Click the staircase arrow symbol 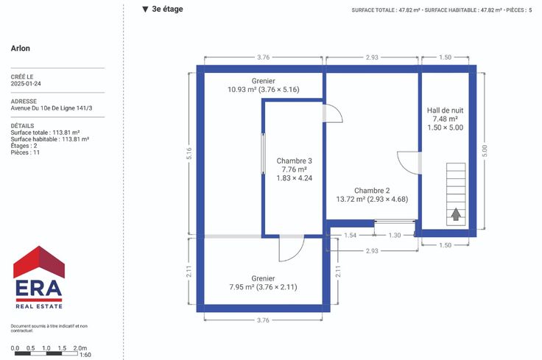point(456,214)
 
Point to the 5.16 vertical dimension point(189,153)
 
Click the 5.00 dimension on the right point(485,151)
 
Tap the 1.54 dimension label point(350,236)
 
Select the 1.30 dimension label point(395,236)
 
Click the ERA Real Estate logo point(39,277)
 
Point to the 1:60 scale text point(85,355)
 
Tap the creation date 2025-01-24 point(26,84)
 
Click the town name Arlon point(21,49)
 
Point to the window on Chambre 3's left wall point(263,153)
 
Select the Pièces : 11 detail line point(25,152)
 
